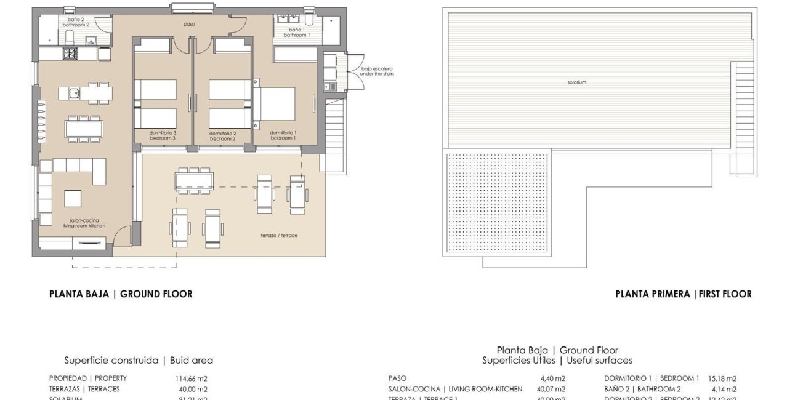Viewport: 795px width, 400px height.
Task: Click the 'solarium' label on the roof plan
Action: pyautogui.click(x=577, y=82)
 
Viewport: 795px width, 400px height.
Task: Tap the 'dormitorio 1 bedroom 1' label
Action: pyautogui.click(x=283, y=135)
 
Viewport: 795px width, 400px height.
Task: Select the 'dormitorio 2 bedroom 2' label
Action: pyautogui.click(x=223, y=135)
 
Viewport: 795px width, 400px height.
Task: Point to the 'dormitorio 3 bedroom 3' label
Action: pyautogui.click(x=163, y=135)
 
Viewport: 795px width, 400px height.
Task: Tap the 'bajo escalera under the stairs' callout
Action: pyautogui.click(x=377, y=71)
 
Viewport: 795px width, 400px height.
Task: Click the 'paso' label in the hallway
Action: pyautogui.click(x=190, y=25)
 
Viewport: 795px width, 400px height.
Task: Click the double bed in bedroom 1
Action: pyautogui.click(x=275, y=104)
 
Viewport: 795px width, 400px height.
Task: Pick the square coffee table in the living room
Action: pyautogui.click(x=73, y=199)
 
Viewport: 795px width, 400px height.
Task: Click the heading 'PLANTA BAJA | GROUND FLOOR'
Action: pyautogui.click(x=121, y=294)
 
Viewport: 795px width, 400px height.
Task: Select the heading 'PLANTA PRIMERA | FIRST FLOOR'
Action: pyautogui.click(x=683, y=294)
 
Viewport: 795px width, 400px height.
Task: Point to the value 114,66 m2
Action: pyautogui.click(x=192, y=378)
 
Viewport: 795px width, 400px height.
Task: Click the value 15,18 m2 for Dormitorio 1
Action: pyautogui.click(x=722, y=378)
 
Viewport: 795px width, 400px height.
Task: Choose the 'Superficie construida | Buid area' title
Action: pyautogui.click(x=139, y=360)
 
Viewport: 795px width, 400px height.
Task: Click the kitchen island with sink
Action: pyautogui.click(x=86, y=94)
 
